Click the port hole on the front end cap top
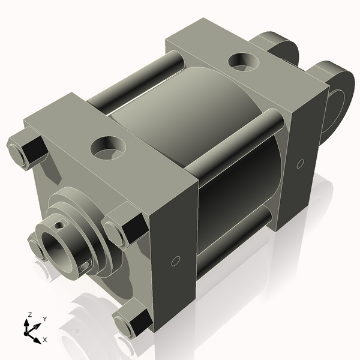click(109, 147)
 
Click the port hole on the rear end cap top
click(243, 61)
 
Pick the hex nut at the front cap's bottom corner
click(133, 323)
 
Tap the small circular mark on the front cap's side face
click(176, 260)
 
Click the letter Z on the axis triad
click(29, 314)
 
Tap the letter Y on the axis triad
click(45, 319)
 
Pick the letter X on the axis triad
click(45, 340)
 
